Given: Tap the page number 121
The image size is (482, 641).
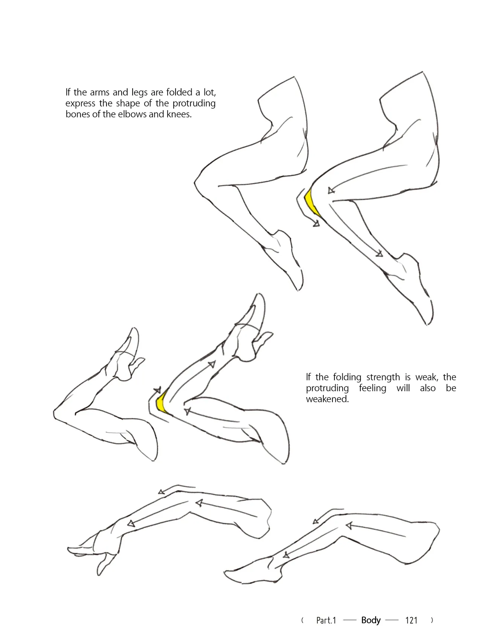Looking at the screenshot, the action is point(411,620).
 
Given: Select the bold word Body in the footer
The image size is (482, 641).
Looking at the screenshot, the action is point(371,620).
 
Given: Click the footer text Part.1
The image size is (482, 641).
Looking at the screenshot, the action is point(326,620).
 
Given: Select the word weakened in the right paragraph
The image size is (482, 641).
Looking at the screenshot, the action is point(327,399).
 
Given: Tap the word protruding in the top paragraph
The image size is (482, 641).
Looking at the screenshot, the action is point(194,103).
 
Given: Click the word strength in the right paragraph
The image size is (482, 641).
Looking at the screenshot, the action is point(383,377).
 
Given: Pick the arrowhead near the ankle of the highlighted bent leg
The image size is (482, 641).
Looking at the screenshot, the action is point(379,254).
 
